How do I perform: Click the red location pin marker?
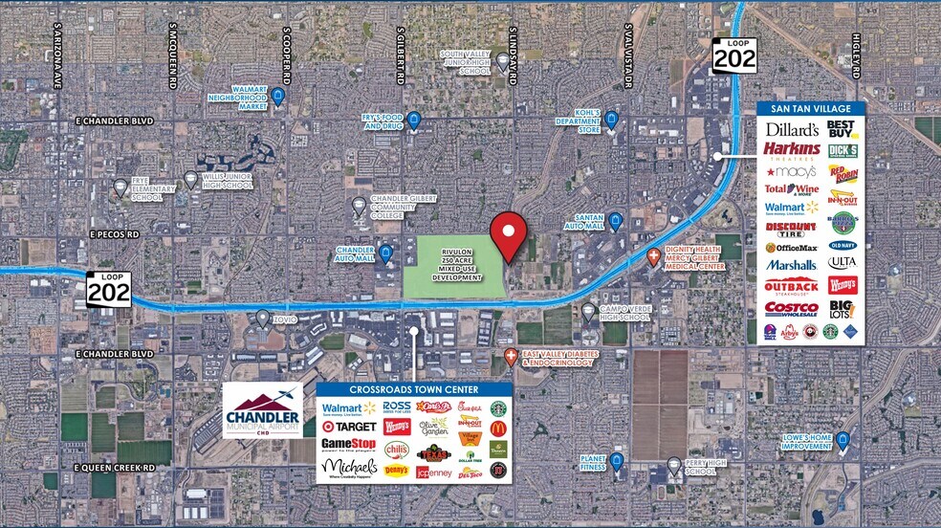[509, 233]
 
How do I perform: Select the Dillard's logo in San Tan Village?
[791, 129]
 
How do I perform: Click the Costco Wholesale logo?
[791, 308]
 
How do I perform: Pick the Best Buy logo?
[842, 129]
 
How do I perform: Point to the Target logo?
[348, 427]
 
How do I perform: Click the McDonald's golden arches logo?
[497, 428]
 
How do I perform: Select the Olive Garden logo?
[433, 427]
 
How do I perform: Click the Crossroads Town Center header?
[414, 388]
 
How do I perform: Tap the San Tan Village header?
[811, 108]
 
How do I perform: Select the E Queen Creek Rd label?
[114, 467]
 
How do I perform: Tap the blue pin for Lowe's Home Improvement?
[843, 440]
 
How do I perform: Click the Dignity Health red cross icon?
[654, 255]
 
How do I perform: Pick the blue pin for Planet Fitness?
[617, 462]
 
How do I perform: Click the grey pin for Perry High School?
[673, 466]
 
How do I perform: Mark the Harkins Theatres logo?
[791, 150]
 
